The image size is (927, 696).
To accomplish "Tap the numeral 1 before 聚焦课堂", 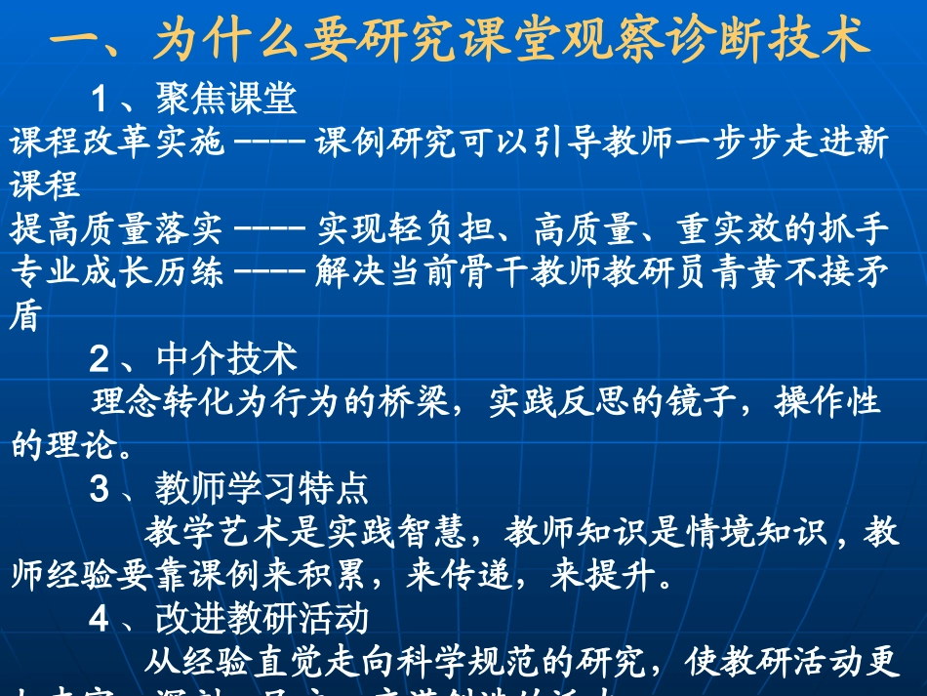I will pos(99,98).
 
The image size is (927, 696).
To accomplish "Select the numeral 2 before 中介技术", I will pos(99,360).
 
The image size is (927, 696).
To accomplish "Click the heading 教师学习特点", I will pos(262,487).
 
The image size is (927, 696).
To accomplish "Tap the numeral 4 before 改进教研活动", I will pos(99,619).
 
